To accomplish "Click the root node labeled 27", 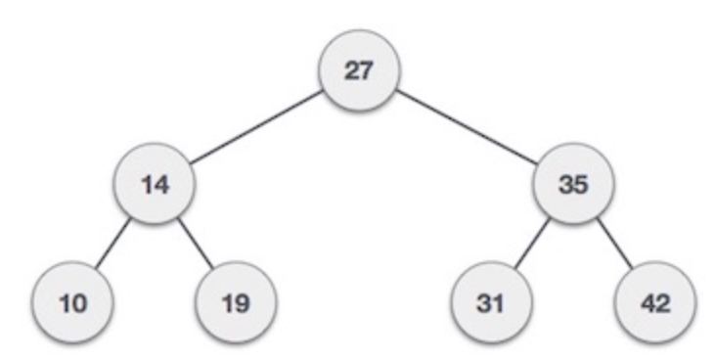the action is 359,70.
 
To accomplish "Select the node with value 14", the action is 155,184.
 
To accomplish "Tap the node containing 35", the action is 573,184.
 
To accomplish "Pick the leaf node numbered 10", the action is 72,302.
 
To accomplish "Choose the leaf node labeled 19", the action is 236,302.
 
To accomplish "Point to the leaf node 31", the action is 491,302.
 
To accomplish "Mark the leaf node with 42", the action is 655,302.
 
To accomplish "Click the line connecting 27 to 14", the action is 256,127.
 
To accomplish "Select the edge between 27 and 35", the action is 467,127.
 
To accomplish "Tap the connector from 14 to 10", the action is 113,244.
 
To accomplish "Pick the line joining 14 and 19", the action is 196,244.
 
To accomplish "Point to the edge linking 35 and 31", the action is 532,244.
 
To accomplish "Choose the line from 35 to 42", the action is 615,244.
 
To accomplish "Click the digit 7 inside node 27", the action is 367,70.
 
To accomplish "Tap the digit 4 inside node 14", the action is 162,185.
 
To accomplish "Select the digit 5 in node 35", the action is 581,185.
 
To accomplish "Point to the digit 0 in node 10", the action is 79,303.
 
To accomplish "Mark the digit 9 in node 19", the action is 243,303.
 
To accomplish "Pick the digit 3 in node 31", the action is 484,303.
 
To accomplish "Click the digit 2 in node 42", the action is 663,303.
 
